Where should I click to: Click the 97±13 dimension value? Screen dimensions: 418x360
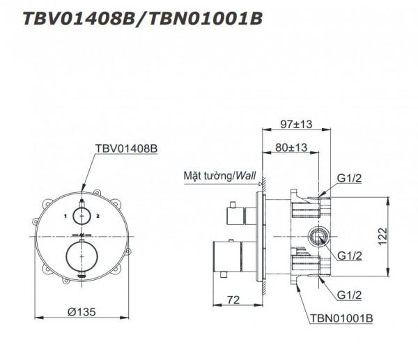point(296,124)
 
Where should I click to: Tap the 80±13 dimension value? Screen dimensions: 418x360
point(291,148)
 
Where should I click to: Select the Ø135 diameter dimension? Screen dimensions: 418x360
point(82,311)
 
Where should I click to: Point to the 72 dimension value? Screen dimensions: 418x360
point(233,300)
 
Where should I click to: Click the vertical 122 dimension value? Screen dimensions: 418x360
point(382,236)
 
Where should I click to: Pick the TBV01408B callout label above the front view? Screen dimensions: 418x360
point(126,148)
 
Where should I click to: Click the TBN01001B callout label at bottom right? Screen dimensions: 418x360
point(341,318)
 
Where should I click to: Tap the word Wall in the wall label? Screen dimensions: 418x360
point(245,175)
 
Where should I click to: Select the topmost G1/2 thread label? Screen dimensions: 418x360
point(350,178)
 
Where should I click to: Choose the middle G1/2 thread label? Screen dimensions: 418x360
point(350,256)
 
